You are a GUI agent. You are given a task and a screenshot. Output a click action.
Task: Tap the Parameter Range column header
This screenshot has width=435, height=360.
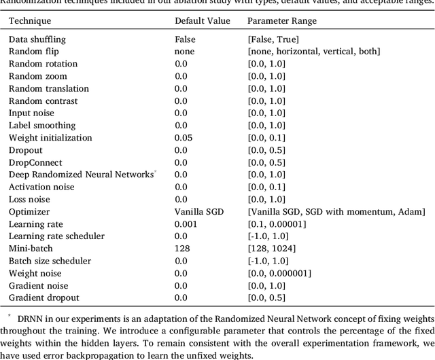(x=281, y=21)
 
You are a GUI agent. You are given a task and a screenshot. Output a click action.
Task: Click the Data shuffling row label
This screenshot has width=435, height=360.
(x=37, y=39)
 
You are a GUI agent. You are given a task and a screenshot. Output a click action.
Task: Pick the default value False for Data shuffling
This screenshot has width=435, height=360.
(x=185, y=39)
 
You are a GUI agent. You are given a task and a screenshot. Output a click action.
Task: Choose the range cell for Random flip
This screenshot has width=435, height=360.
(x=314, y=52)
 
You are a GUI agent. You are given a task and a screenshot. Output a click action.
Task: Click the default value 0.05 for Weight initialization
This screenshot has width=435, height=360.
(x=183, y=138)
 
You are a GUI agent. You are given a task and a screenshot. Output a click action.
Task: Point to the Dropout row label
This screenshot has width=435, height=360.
(x=25, y=150)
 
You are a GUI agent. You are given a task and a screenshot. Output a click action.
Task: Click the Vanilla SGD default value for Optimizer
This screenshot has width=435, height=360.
(x=196, y=212)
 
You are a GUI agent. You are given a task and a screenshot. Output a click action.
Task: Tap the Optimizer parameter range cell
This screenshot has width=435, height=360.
(x=336, y=212)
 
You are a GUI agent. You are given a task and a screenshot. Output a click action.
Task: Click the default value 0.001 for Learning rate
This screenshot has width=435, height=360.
(x=185, y=224)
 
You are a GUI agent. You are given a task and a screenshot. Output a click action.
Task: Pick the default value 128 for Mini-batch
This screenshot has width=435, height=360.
(x=181, y=249)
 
